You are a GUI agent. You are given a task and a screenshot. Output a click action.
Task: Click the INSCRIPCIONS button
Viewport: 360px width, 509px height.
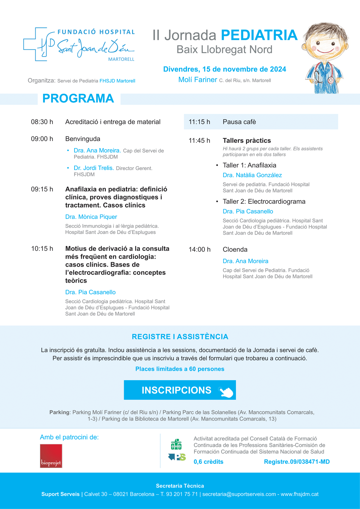180,390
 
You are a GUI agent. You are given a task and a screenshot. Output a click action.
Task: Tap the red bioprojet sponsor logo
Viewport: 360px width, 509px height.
51,456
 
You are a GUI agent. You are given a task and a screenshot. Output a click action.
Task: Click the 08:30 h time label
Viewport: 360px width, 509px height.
42,122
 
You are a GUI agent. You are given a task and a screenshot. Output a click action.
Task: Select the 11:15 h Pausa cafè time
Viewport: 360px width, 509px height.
199,122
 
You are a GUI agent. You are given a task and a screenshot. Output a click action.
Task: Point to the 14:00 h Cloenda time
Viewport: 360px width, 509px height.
199,249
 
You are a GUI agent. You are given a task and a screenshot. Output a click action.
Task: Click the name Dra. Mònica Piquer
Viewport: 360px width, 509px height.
91,217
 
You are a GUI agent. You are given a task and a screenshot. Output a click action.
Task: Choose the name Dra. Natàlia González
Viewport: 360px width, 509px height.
252,175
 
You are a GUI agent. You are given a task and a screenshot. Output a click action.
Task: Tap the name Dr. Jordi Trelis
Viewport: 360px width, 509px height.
94,168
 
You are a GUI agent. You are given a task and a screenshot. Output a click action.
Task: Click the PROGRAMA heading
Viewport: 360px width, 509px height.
78,98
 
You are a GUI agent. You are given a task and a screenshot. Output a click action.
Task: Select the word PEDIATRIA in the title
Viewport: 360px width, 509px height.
259,35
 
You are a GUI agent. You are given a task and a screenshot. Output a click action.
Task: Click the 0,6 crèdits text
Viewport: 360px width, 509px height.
208,462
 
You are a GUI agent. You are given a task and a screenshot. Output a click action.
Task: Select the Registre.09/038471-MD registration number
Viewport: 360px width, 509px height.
297,462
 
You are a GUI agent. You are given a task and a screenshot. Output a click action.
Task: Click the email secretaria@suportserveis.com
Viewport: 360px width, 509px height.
239,494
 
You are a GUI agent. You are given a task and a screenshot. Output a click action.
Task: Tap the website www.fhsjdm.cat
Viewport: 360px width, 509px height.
299,494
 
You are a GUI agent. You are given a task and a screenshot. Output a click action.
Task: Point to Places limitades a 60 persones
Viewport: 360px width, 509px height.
180,369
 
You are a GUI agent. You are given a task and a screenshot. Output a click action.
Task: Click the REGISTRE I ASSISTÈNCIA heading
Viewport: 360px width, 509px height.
180,337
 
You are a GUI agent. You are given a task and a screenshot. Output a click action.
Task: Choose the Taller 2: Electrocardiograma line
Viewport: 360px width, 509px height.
264,201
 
